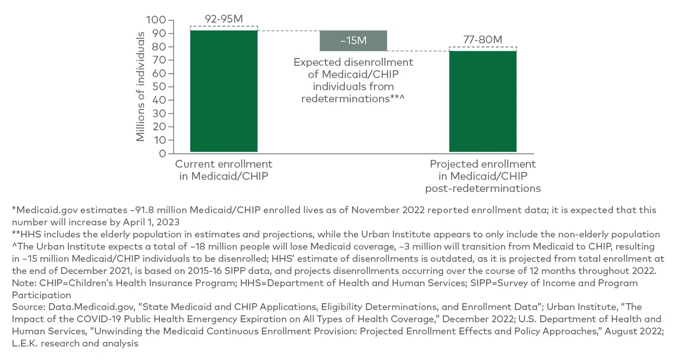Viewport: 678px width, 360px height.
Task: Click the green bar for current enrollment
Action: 224,91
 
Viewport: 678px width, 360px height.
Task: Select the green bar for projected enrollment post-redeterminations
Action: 482,101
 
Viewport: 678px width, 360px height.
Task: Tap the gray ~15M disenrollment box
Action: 353,41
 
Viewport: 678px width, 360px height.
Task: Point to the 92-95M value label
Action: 224,19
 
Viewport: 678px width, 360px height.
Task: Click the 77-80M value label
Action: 482,40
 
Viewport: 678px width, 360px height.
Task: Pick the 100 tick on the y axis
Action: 156,20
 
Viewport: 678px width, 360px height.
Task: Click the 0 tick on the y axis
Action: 162,153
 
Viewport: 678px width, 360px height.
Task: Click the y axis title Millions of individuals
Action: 140,87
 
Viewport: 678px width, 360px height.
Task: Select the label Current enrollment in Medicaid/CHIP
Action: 224,170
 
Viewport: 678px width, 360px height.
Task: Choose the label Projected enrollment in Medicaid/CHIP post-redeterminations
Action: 482,176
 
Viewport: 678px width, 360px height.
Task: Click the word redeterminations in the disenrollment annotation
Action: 345,99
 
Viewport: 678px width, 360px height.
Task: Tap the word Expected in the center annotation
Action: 317,62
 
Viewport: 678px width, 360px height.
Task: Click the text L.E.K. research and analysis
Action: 75,343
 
